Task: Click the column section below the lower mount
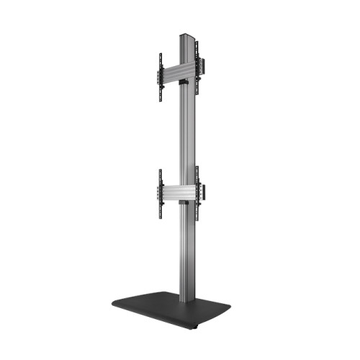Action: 185,252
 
